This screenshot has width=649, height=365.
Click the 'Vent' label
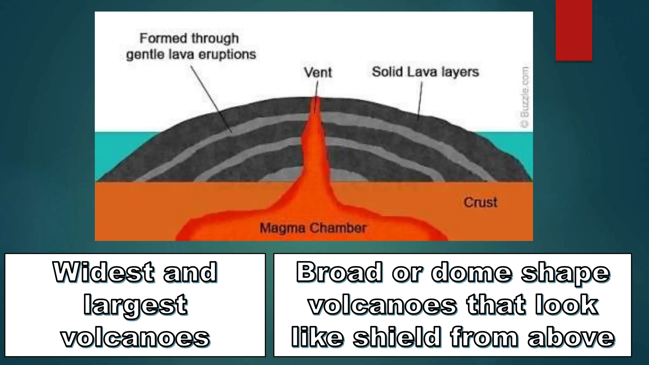tap(318, 72)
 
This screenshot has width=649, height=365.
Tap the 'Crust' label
tap(480, 202)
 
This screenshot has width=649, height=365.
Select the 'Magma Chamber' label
tap(313, 228)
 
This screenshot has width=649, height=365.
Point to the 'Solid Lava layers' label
tap(425, 72)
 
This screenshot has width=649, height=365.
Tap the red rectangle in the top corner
tap(574, 30)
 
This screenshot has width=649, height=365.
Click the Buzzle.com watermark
tap(525, 97)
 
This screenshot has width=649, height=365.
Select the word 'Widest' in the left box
tap(104, 272)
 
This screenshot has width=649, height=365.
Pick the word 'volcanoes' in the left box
tap(135, 338)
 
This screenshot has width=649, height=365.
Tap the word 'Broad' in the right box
tap(339, 272)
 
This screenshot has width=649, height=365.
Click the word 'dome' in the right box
tap(471, 272)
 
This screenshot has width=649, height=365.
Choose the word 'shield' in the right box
tap(396, 338)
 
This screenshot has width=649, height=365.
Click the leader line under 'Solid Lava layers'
tap(420, 100)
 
